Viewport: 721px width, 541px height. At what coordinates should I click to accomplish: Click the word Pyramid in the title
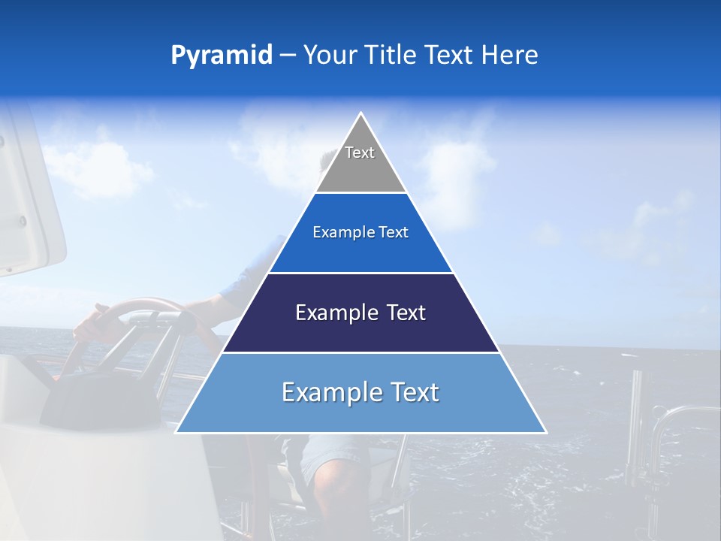pyautogui.click(x=222, y=55)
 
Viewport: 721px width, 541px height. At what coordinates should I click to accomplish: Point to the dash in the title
pyautogui.click(x=288, y=56)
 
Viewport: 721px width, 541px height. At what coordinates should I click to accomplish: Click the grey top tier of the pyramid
pyautogui.click(x=361, y=169)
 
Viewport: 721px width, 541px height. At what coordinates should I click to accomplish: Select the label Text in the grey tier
pyautogui.click(x=360, y=153)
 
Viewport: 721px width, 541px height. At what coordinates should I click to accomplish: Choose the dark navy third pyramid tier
pyautogui.click(x=361, y=331)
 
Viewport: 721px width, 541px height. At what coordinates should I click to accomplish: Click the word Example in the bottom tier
pyautogui.click(x=324, y=392)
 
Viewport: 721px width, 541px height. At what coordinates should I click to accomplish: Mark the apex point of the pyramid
pyautogui.click(x=361, y=113)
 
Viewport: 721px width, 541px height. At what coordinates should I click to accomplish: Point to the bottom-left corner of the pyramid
pyautogui.click(x=176, y=432)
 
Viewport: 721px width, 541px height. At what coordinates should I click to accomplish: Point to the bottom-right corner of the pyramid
pyautogui.click(x=546, y=432)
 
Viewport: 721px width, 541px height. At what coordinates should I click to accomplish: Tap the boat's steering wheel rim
pyautogui.click(x=150, y=305)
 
